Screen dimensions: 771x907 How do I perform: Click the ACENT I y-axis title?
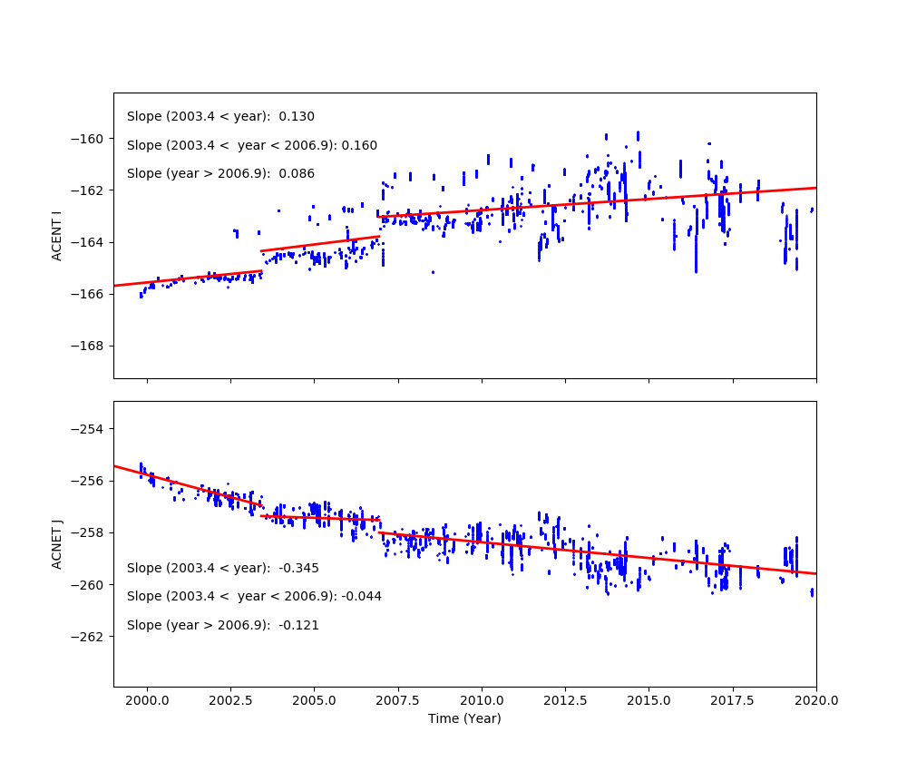(x=56, y=235)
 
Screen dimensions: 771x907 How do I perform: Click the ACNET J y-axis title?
(x=56, y=544)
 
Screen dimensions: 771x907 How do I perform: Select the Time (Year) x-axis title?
(x=464, y=718)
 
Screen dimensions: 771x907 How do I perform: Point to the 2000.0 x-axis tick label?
(x=147, y=700)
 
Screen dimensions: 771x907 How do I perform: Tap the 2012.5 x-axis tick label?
(x=565, y=700)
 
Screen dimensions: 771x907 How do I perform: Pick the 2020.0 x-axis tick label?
(x=815, y=700)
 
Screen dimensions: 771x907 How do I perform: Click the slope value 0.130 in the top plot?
(x=297, y=117)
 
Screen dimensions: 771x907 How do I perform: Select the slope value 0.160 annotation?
(x=359, y=146)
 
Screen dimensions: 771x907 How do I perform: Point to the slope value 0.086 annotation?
(x=297, y=174)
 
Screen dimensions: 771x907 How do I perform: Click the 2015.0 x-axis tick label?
(x=649, y=700)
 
